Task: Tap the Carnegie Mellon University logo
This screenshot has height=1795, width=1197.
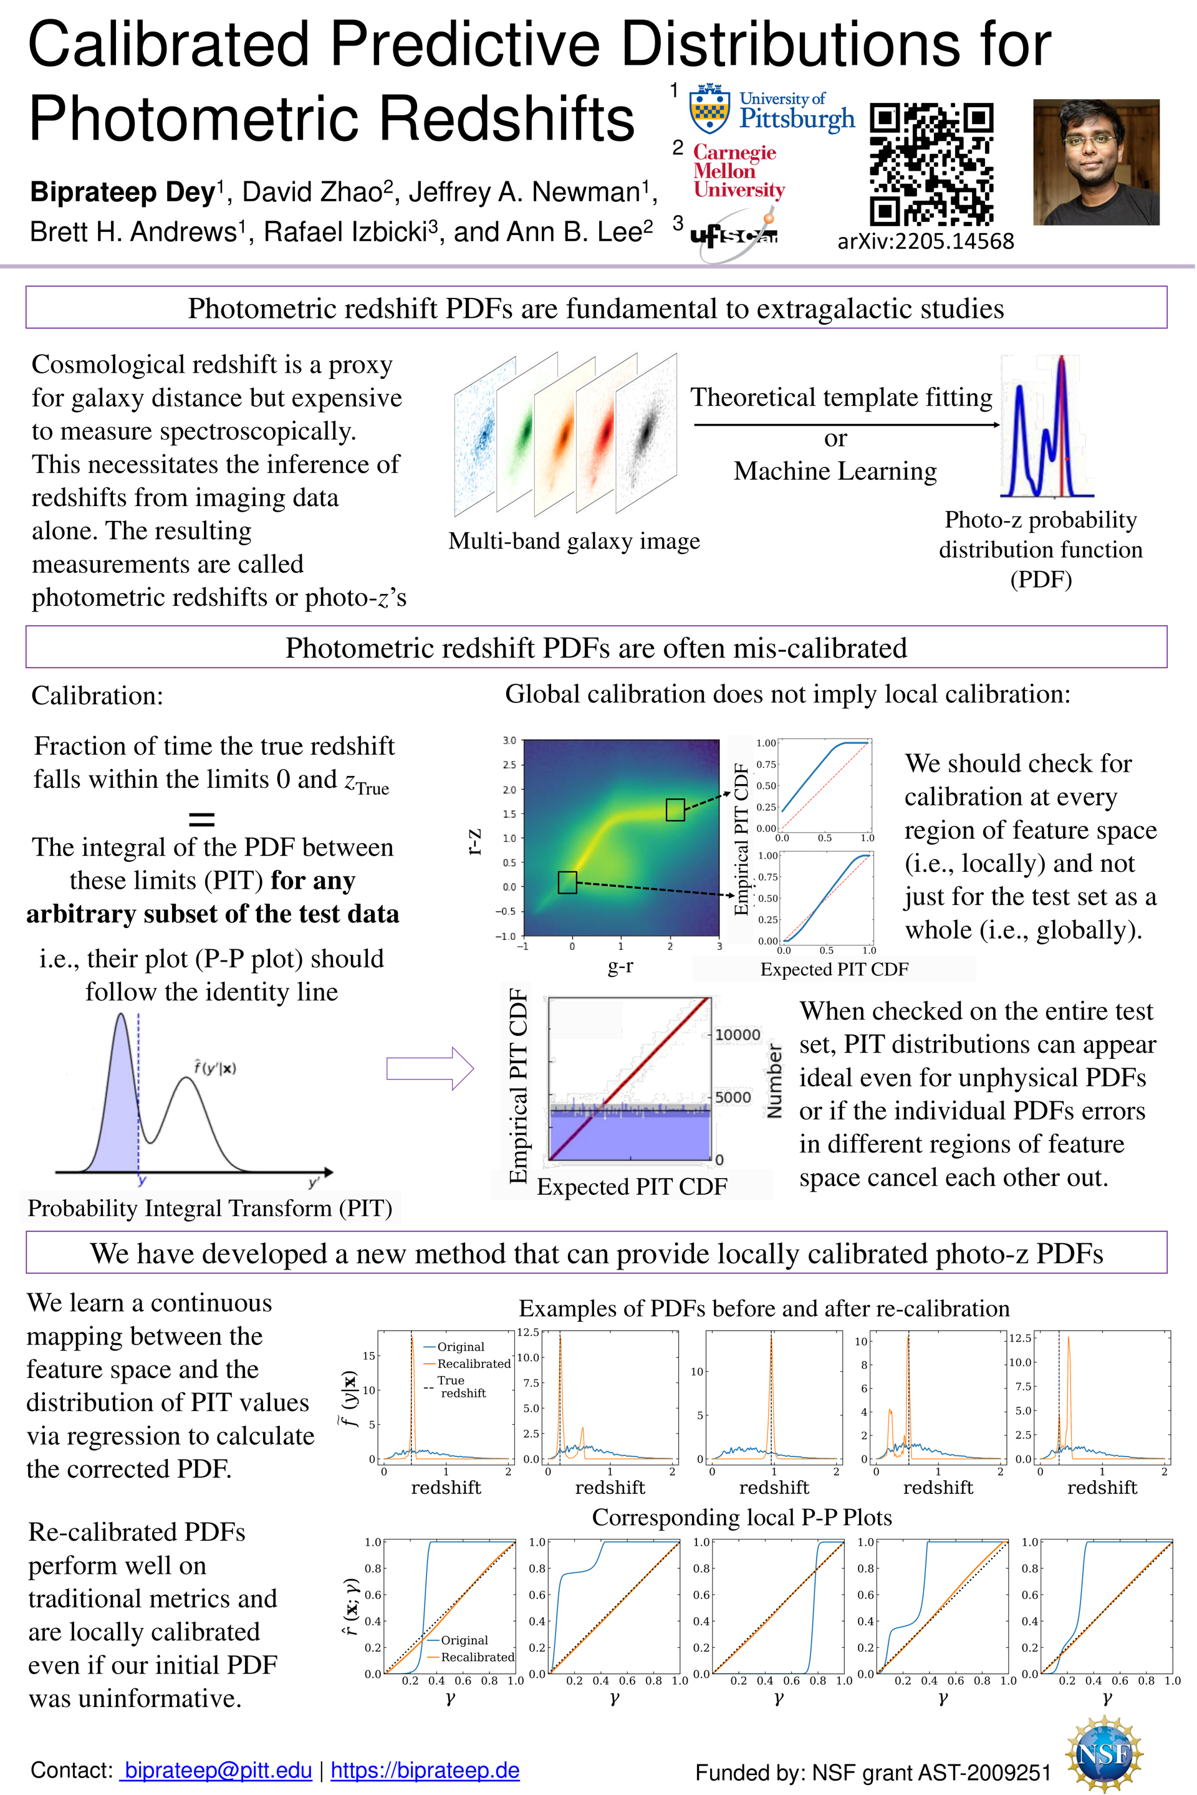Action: (x=738, y=171)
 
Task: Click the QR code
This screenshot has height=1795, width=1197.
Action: (x=931, y=163)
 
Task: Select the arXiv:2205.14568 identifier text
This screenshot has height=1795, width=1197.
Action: (x=925, y=241)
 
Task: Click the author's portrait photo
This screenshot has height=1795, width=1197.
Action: (x=1095, y=162)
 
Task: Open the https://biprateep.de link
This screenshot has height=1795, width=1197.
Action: (x=425, y=1770)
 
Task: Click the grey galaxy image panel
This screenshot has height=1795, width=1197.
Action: (x=646, y=433)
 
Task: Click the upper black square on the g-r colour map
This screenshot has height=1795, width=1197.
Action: (x=675, y=809)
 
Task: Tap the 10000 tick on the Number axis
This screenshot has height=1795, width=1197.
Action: (x=737, y=1035)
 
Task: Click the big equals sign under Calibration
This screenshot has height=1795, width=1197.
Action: (x=201, y=819)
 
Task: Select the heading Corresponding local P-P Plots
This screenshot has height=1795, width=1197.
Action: (x=741, y=1516)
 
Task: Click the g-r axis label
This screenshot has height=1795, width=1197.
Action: (x=620, y=966)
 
